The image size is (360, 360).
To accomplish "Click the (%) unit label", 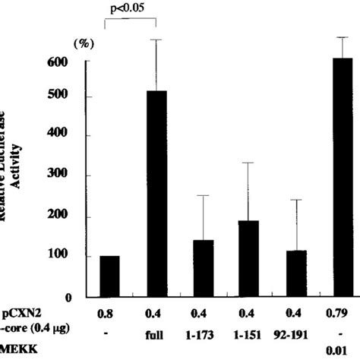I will click(x=81, y=43).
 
